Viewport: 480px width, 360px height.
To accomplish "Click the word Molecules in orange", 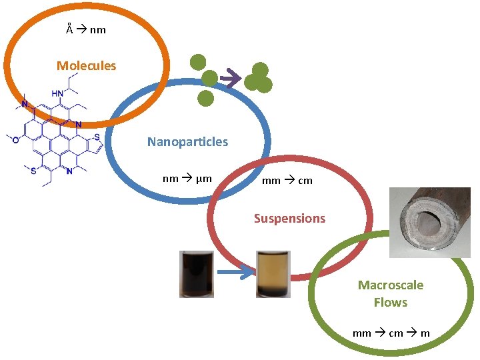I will [x=86, y=65].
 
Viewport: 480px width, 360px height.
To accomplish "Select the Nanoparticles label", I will [x=187, y=141].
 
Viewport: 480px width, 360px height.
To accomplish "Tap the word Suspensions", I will [x=289, y=218].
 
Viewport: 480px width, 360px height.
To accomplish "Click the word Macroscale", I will [x=390, y=285].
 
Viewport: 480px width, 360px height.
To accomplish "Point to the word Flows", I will [x=390, y=302].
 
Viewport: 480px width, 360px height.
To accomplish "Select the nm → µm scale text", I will [x=187, y=178].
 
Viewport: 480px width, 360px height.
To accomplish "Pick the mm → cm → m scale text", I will [x=391, y=333].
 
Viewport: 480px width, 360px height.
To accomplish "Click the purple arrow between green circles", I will [x=231, y=79].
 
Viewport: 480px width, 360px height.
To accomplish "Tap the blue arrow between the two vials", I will [x=235, y=272].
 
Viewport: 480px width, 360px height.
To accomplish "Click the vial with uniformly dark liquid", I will [x=197, y=273].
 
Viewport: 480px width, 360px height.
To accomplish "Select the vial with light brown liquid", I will [x=273, y=273].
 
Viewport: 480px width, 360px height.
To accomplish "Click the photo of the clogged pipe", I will [x=429, y=222].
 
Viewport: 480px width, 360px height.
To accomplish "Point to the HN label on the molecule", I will [x=58, y=93].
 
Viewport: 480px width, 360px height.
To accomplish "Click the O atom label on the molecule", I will [x=17, y=139].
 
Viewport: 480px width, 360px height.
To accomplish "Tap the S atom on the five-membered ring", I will [x=97, y=137].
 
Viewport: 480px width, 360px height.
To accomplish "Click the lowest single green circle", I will [x=206, y=99].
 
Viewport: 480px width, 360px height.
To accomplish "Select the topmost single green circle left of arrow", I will [x=197, y=62].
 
